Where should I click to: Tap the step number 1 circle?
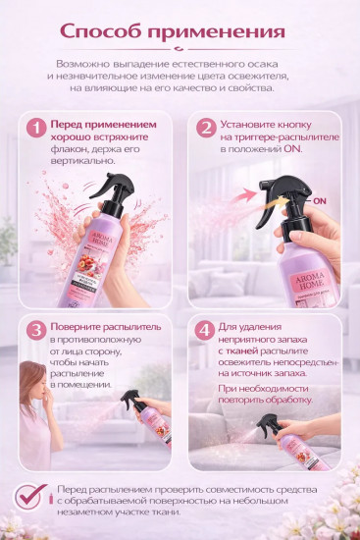tap(36, 128)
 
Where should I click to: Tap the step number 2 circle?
tap(205, 128)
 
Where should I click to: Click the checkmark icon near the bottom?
tap(29, 494)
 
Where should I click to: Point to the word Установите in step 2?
tap(253, 127)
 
